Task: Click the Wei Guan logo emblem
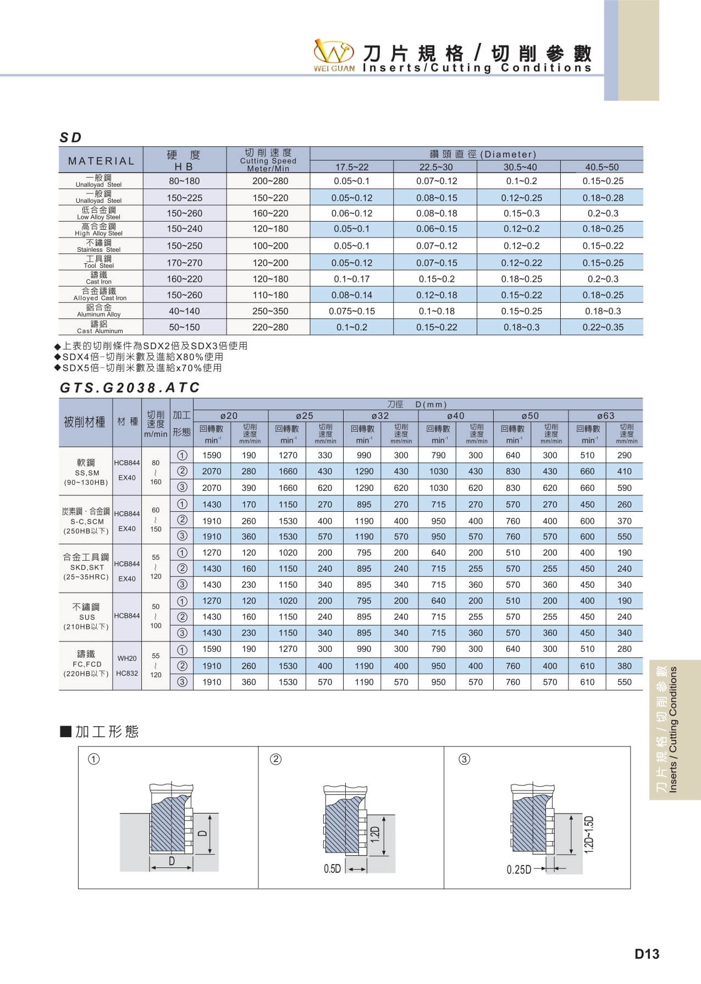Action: click(x=333, y=52)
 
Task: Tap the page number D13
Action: click(x=647, y=954)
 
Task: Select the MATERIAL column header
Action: click(x=101, y=161)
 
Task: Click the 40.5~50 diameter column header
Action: click(x=601, y=167)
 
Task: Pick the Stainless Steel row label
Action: click(x=99, y=246)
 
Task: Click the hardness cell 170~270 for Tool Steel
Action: click(x=185, y=263)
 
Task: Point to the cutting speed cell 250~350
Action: click(x=270, y=311)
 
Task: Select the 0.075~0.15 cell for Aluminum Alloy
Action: click(x=352, y=311)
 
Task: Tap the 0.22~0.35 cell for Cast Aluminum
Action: click(x=603, y=327)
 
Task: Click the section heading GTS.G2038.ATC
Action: click(x=130, y=388)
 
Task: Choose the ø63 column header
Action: click(x=606, y=416)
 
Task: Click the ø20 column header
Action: click(x=229, y=416)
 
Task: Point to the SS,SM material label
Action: click(x=87, y=473)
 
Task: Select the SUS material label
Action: click(x=87, y=617)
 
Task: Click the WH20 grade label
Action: click(x=127, y=658)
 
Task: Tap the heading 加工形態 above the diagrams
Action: click(x=107, y=732)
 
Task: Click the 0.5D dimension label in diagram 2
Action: click(x=332, y=869)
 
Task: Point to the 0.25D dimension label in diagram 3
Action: click(x=518, y=869)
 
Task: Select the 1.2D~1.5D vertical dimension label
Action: click(x=589, y=834)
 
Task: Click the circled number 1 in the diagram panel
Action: click(x=94, y=759)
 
